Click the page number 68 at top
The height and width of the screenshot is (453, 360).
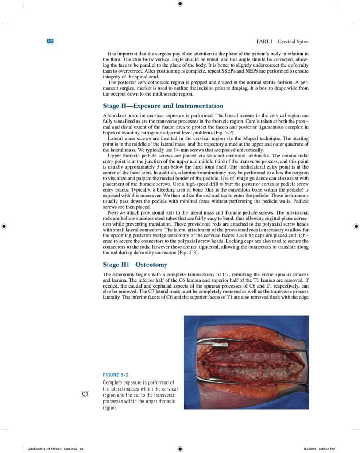tap(50, 42)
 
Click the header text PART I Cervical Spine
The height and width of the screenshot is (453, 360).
tap(283, 42)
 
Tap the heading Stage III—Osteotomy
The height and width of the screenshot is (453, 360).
tap(135, 265)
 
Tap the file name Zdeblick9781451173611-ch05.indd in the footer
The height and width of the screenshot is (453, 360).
tap(50, 449)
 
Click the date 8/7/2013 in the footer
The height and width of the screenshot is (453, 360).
tap(312, 449)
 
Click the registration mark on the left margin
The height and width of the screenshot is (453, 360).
tap(4, 226)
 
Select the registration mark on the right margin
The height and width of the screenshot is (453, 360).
tap(356, 226)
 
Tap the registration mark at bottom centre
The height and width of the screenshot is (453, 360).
tap(180, 449)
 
